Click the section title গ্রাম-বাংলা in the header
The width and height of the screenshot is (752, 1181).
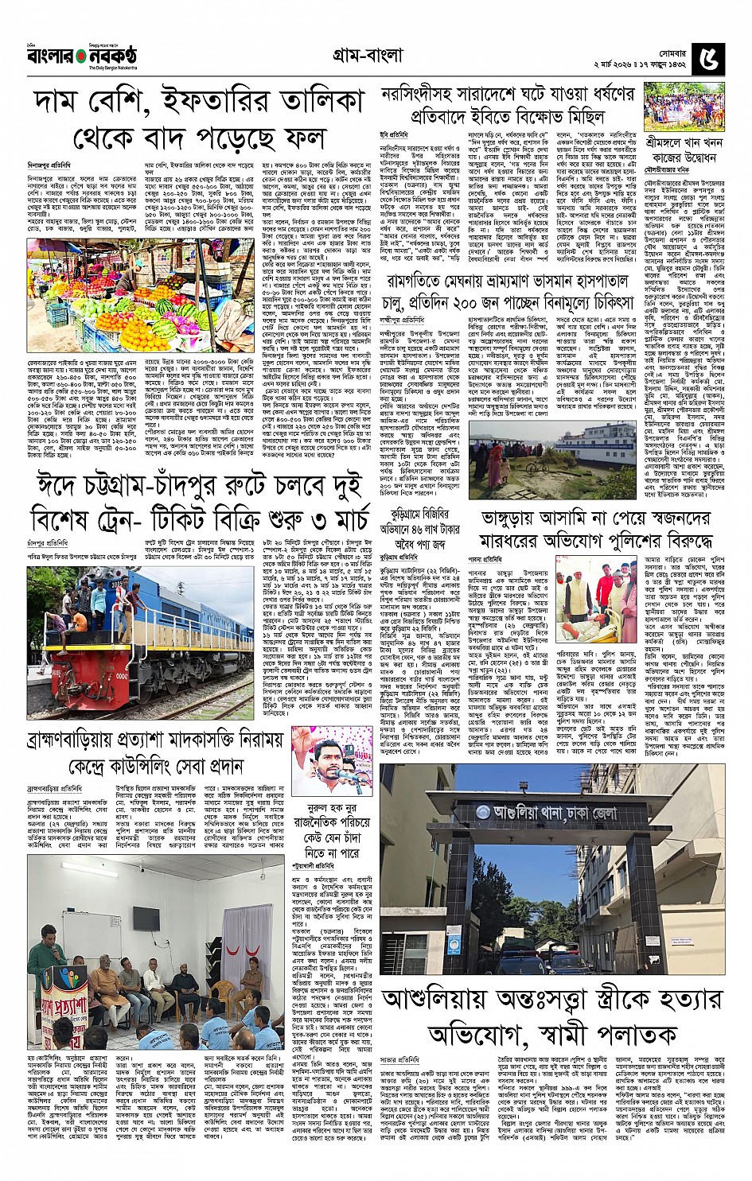368,55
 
